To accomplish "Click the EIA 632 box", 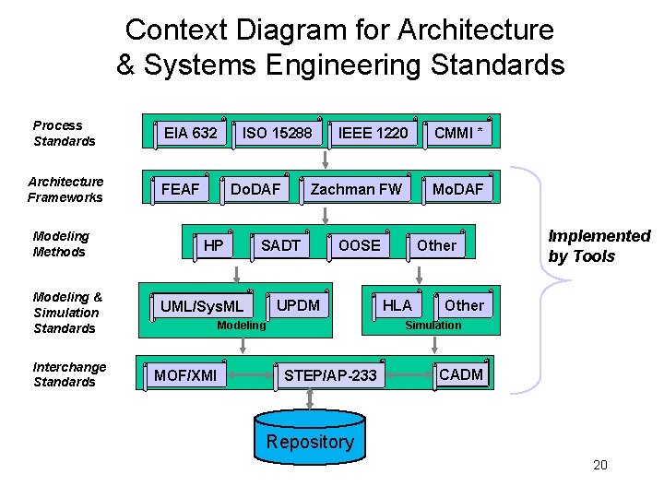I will tap(190, 134).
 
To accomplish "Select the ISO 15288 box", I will tap(277, 134).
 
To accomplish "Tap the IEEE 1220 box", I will tap(373, 134).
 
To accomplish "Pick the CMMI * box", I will tap(458, 134).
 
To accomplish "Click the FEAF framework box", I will tap(181, 190).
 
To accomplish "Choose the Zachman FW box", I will tap(356, 190).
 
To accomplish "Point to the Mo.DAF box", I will tap(457, 190).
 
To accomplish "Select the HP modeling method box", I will tap(213, 245).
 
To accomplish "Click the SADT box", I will tap(280, 245).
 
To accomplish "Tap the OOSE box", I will tap(359, 245).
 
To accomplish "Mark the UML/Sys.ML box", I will tap(202, 306).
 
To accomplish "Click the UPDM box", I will tap(298, 305).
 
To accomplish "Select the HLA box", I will tap(397, 305).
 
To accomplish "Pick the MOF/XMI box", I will tap(185, 375).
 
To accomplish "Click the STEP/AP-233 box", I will tap(330, 375).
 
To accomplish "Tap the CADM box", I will tap(460, 374).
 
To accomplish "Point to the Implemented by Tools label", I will tap(599, 246).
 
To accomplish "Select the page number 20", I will tap(600, 465).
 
